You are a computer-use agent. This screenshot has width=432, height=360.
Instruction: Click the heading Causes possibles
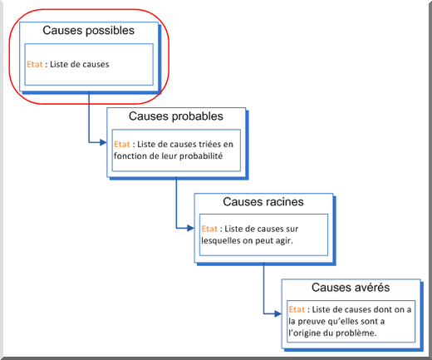coord(88,31)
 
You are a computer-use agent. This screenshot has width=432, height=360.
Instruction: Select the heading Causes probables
coord(176,116)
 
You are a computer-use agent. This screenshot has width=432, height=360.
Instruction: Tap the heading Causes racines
coord(263,202)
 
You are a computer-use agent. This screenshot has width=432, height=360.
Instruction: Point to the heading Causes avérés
coord(351,288)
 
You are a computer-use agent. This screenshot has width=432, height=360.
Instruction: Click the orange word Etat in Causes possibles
coord(35,64)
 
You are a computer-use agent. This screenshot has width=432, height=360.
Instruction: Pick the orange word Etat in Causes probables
coord(122,144)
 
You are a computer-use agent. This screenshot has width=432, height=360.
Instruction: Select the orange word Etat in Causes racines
coord(209,229)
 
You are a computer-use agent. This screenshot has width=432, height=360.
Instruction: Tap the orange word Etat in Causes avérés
coord(297,309)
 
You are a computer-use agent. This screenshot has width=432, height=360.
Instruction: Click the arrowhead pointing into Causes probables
coord(103,142)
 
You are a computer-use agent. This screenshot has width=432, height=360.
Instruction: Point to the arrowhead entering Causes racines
coord(190,228)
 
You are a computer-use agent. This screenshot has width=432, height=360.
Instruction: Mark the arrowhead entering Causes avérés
coord(278,313)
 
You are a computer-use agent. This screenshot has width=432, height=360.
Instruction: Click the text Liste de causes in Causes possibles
coord(80,64)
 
